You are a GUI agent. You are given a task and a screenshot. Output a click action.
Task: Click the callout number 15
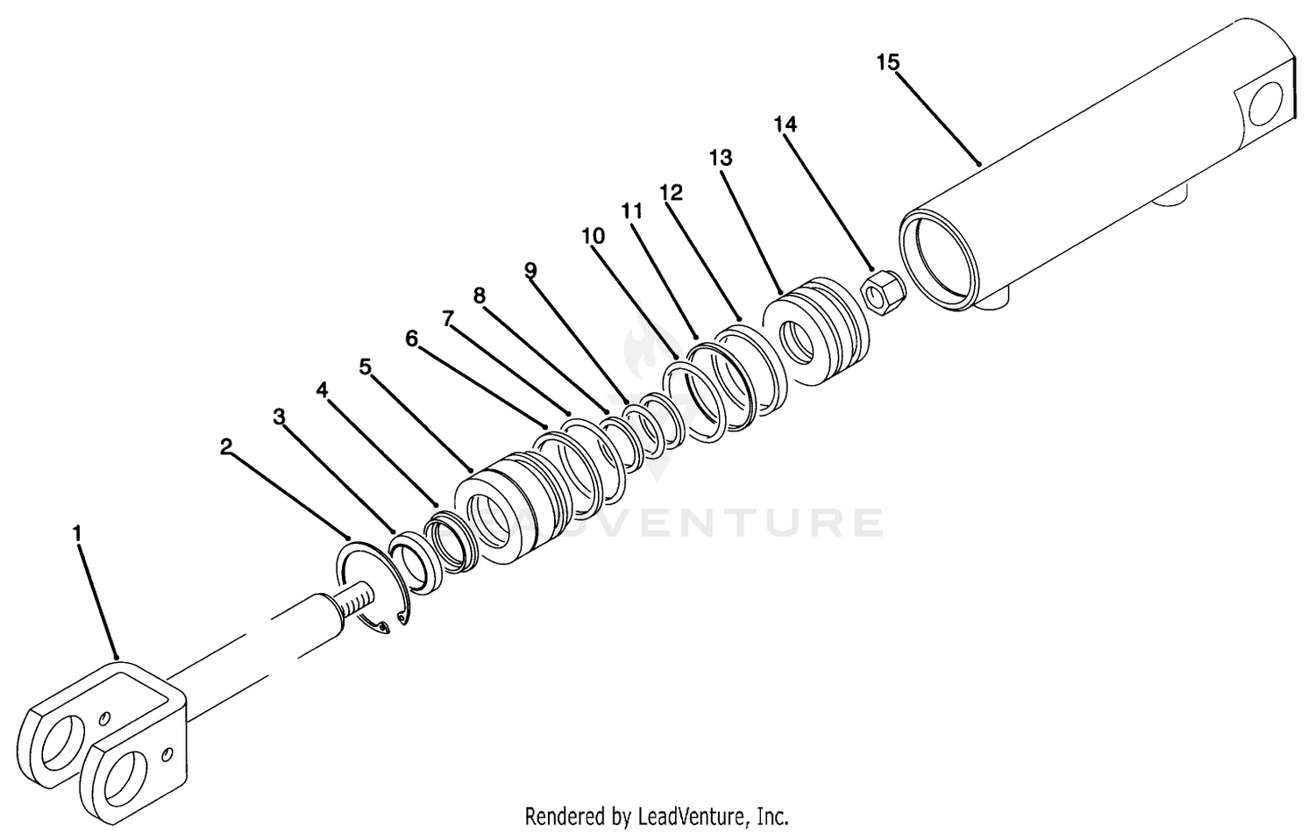point(887,62)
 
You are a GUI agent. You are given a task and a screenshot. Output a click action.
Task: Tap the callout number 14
point(785,125)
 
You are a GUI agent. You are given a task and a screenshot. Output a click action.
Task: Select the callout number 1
point(77,533)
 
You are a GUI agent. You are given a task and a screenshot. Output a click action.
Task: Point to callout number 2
point(226,447)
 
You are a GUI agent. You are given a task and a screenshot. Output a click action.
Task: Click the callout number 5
point(366,367)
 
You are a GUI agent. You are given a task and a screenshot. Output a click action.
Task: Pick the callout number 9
point(530,270)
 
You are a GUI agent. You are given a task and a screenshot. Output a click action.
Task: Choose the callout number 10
point(593,236)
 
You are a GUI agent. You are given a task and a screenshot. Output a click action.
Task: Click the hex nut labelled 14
point(882,292)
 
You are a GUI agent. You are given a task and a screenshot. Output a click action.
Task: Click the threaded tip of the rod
point(357,601)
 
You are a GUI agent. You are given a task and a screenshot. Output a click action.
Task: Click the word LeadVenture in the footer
point(692,816)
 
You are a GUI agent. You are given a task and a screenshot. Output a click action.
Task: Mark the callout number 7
point(448,319)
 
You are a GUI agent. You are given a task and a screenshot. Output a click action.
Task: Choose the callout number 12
point(671,192)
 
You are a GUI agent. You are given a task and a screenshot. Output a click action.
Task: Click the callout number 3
point(279,417)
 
